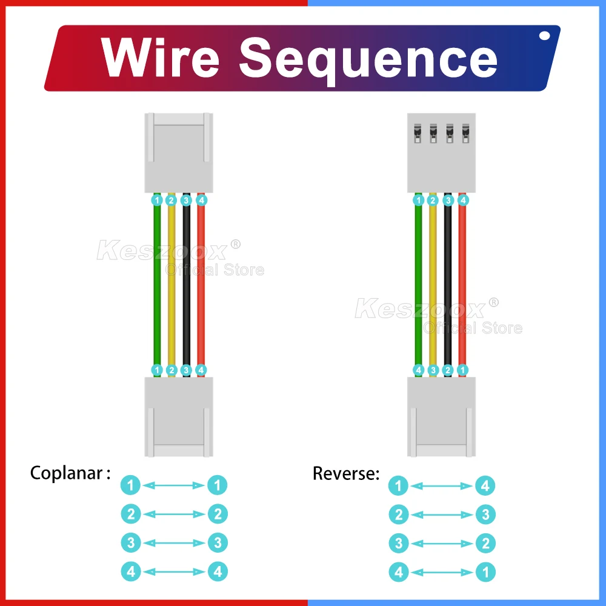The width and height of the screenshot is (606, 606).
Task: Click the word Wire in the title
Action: click(161, 58)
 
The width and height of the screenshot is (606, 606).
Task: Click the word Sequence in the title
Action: click(368, 59)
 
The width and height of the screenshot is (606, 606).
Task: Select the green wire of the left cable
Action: click(157, 285)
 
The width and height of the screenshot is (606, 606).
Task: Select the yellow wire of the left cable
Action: click(171, 285)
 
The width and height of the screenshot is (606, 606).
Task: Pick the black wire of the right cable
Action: click(448, 285)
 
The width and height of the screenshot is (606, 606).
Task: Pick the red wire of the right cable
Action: click(463, 285)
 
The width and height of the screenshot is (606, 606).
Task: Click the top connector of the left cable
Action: click(178, 153)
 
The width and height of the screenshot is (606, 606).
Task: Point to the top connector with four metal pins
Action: click(441, 153)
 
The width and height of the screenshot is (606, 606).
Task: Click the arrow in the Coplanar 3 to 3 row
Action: click(174, 543)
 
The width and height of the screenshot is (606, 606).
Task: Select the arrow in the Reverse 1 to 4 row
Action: click(441, 486)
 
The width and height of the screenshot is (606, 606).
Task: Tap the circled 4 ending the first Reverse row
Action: click(485, 486)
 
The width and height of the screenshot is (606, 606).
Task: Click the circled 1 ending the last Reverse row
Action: click(485, 571)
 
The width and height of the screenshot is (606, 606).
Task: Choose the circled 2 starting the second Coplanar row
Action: click(131, 514)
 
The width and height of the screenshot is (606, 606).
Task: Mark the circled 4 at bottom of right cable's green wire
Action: click(418, 370)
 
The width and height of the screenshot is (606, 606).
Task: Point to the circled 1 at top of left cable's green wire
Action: click(157, 199)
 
